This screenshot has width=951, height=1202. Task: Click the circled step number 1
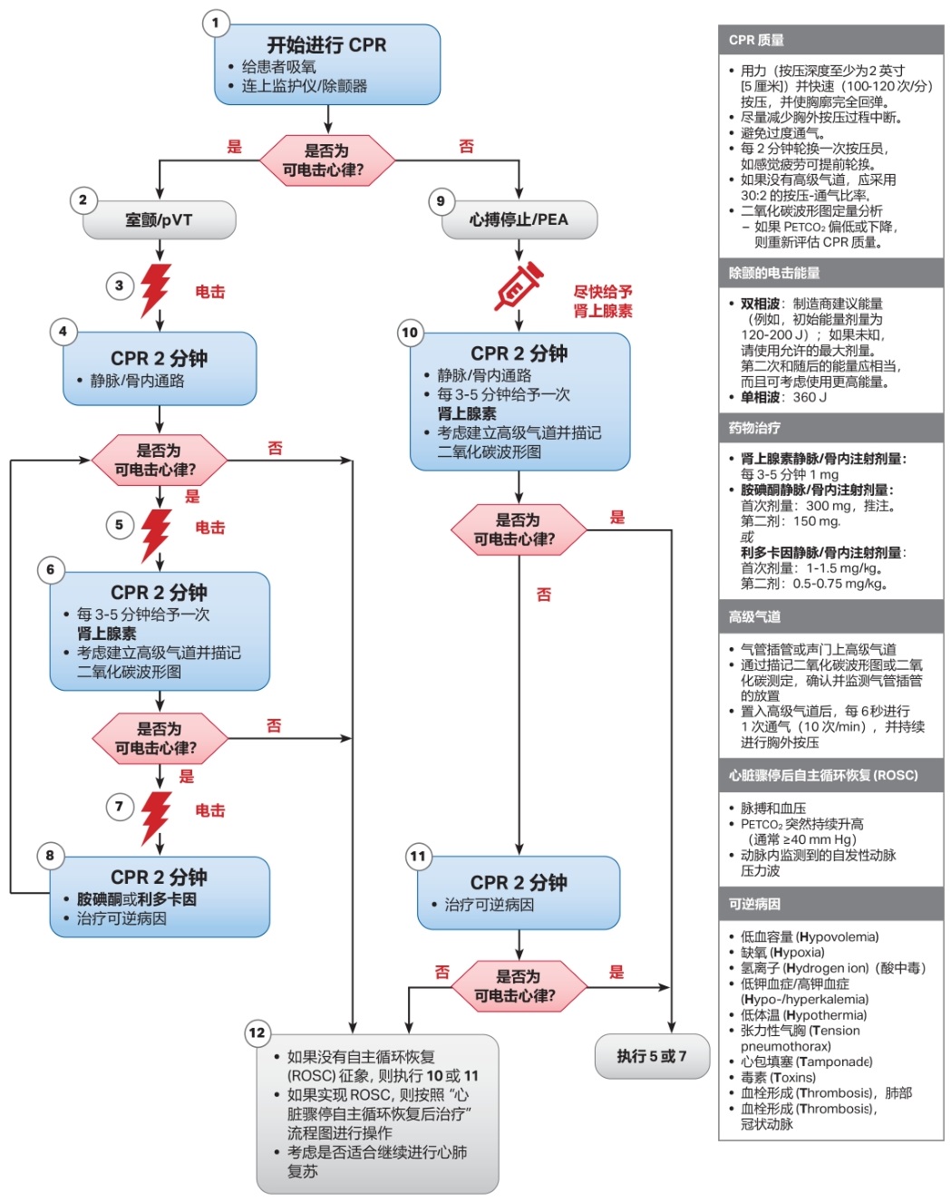[x=216, y=23]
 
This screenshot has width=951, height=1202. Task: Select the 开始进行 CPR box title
[x=326, y=44]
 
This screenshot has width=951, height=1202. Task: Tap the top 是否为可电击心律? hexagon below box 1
[x=326, y=160]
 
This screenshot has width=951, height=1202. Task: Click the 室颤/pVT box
[x=159, y=220]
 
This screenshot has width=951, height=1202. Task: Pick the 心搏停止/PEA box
[x=519, y=220]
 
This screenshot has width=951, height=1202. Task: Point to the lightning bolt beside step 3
[x=156, y=289]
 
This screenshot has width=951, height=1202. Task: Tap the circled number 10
[x=410, y=333]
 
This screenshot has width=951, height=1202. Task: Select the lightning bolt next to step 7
[x=156, y=817]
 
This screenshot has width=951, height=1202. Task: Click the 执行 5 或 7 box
[x=651, y=1056]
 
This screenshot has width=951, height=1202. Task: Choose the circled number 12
[x=257, y=1032]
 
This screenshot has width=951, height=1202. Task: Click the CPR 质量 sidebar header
[x=756, y=40]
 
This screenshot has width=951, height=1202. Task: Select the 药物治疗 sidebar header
[x=754, y=428]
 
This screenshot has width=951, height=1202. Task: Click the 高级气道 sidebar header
[x=754, y=617]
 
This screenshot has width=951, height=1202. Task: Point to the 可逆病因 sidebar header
[x=754, y=904]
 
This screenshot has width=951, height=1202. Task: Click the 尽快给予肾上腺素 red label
[x=603, y=301]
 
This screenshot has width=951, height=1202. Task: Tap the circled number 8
[x=50, y=855]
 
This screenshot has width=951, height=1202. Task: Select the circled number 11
[x=418, y=857]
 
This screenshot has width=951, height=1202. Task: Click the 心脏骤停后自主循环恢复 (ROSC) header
[x=823, y=775]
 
